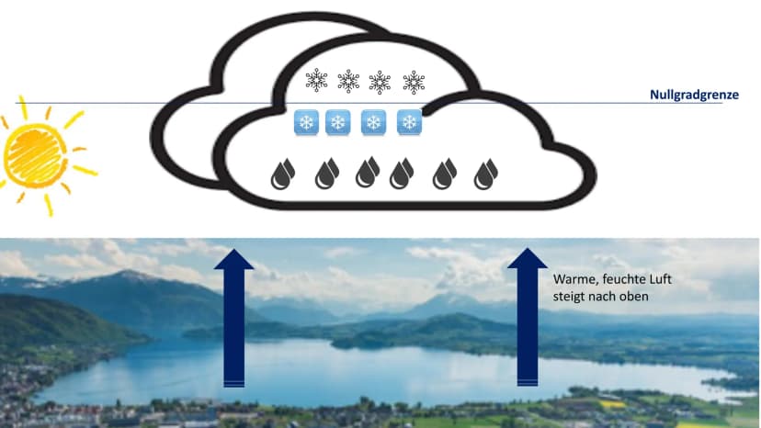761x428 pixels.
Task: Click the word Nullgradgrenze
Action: (694, 95)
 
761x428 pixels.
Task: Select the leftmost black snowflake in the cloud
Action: (316, 80)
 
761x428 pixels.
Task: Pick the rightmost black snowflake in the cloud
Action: (414, 82)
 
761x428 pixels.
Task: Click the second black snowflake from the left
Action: (348, 81)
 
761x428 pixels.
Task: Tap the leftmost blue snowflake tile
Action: (306, 122)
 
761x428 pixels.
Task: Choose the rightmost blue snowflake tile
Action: (409, 122)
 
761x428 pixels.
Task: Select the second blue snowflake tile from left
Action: (338, 122)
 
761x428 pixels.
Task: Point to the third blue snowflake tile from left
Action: (373, 122)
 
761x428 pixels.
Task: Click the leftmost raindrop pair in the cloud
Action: (283, 174)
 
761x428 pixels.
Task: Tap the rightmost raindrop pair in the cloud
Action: (486, 174)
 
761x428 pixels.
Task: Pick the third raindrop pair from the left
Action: (368, 172)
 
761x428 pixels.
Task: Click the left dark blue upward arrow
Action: (234, 318)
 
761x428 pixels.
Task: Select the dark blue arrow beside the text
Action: (527, 317)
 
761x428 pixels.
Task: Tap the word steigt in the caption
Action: (569, 297)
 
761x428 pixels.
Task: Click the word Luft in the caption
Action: (661, 279)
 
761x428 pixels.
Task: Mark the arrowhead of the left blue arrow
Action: (234, 259)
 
